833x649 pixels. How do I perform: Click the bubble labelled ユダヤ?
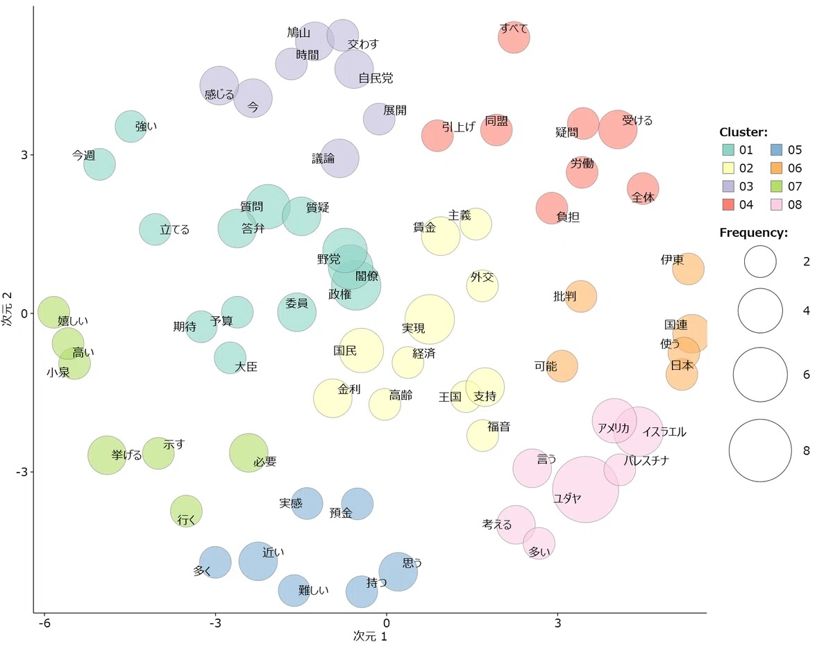click(x=585, y=489)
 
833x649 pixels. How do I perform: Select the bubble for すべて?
click(x=514, y=37)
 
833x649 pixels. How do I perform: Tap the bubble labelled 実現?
click(x=430, y=320)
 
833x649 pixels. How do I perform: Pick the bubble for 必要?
click(x=249, y=453)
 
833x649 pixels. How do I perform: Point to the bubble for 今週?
click(x=100, y=165)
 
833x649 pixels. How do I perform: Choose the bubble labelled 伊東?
click(x=688, y=269)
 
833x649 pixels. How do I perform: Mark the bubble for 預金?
click(x=357, y=504)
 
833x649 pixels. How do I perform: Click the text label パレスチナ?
click(x=646, y=460)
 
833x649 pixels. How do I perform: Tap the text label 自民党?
click(x=376, y=79)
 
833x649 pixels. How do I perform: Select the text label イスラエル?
click(x=664, y=432)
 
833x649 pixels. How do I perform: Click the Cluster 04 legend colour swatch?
click(x=728, y=204)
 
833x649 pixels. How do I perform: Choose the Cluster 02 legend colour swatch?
click(x=728, y=167)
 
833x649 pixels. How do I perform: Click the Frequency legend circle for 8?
click(x=760, y=451)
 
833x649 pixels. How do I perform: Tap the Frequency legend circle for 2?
click(x=760, y=261)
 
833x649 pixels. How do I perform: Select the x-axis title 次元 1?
click(x=369, y=636)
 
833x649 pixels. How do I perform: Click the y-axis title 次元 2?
click(x=8, y=309)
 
